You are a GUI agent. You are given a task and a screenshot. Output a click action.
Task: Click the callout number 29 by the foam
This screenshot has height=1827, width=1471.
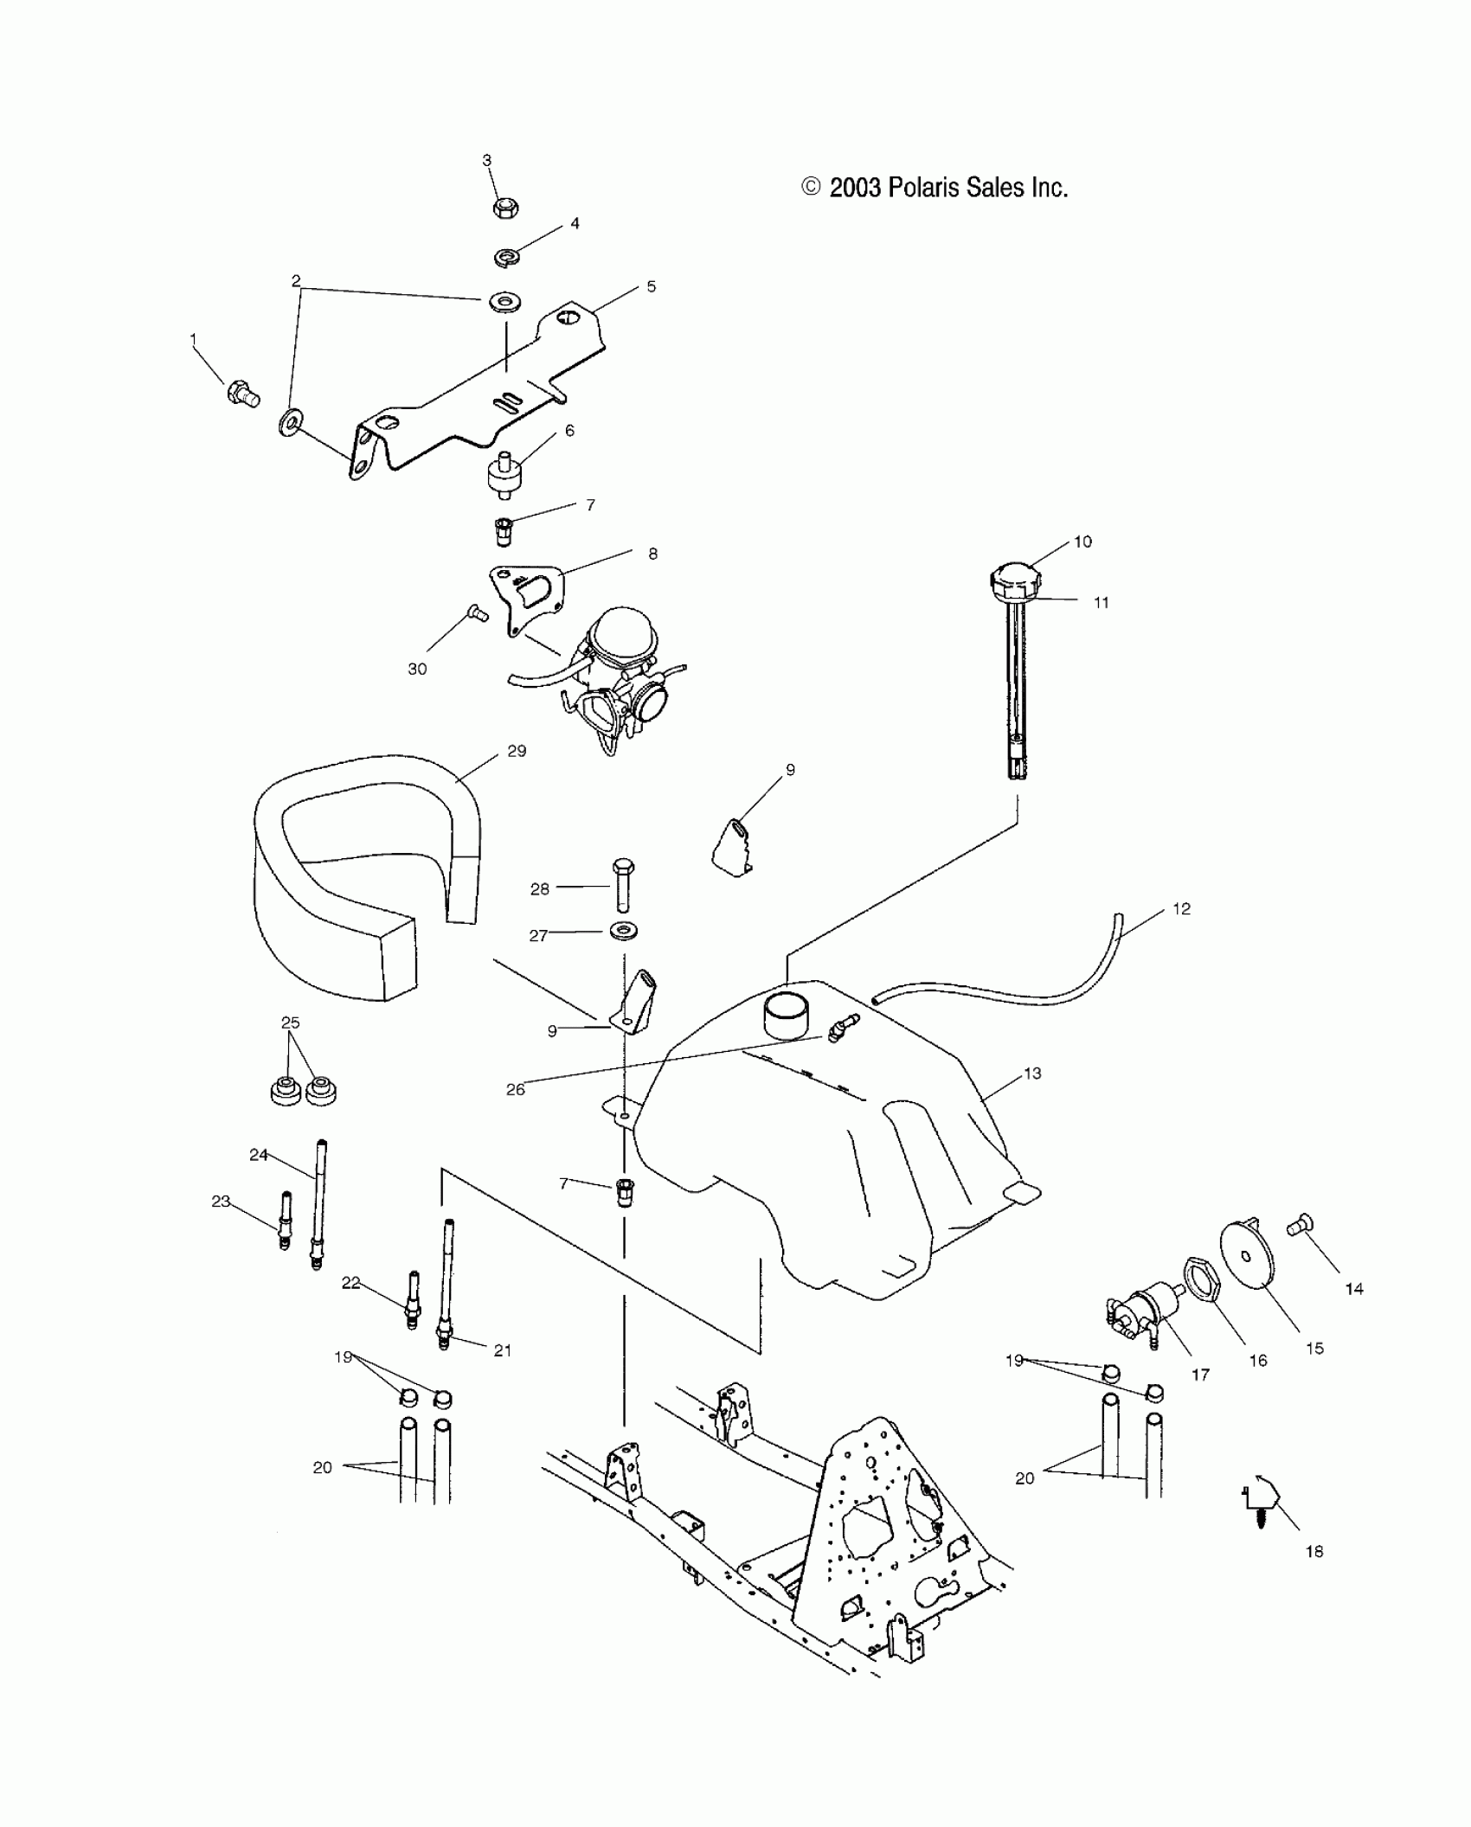pos(517,751)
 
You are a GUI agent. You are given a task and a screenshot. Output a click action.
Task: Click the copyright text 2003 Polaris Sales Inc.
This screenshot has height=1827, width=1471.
pos(935,188)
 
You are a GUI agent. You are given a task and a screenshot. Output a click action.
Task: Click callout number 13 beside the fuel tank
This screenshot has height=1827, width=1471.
pos(1032,1074)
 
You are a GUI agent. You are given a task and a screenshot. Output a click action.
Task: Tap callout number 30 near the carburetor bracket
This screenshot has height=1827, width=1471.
pos(417,669)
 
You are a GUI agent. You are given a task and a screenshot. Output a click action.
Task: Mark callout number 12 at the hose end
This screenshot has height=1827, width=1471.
pos(1181,909)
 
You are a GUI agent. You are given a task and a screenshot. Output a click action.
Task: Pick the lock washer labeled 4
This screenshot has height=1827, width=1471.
pos(506,257)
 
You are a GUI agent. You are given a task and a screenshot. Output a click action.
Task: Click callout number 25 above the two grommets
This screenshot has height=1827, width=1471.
pos(290,1022)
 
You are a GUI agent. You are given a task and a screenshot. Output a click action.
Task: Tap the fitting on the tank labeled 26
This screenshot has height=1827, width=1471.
pos(841,1028)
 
